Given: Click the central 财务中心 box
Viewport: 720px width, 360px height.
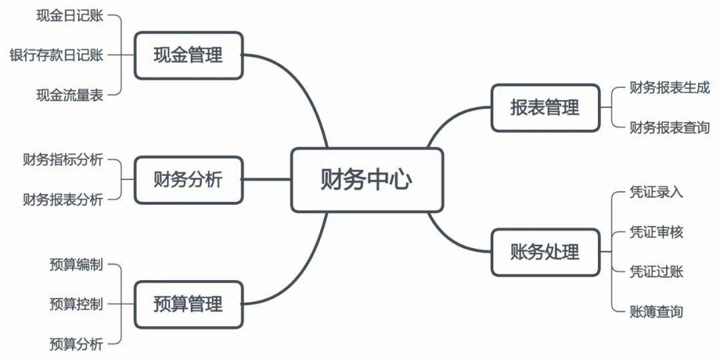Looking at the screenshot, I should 367,180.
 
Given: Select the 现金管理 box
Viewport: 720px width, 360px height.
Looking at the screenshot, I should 188,55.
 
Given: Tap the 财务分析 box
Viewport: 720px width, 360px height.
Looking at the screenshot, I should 188,180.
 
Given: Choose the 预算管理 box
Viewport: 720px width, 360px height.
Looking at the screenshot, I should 188,305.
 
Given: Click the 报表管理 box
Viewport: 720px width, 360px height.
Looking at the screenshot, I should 545,107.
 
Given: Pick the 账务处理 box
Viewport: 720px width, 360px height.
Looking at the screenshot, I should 545,252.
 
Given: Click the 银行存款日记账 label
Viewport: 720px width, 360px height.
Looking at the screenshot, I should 57,55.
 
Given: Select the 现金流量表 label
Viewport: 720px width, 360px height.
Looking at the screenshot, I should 70,95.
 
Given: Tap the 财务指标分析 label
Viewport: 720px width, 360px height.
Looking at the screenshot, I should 63,160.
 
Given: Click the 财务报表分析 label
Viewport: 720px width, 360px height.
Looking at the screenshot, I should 63,199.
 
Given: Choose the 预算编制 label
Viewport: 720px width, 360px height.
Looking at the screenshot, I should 77,265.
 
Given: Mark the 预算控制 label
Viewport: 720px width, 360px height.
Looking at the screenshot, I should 77,305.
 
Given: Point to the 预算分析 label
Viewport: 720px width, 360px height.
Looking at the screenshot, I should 77,344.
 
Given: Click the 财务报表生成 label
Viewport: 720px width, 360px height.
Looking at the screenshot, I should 669,87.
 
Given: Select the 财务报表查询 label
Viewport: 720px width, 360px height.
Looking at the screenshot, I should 669,127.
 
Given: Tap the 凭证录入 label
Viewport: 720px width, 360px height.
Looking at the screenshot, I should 656,193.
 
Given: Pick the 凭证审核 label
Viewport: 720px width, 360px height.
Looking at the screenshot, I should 656,232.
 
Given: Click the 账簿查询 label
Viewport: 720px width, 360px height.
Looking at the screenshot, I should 656,311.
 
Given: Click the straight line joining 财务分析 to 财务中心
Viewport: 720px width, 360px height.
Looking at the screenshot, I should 267,180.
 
